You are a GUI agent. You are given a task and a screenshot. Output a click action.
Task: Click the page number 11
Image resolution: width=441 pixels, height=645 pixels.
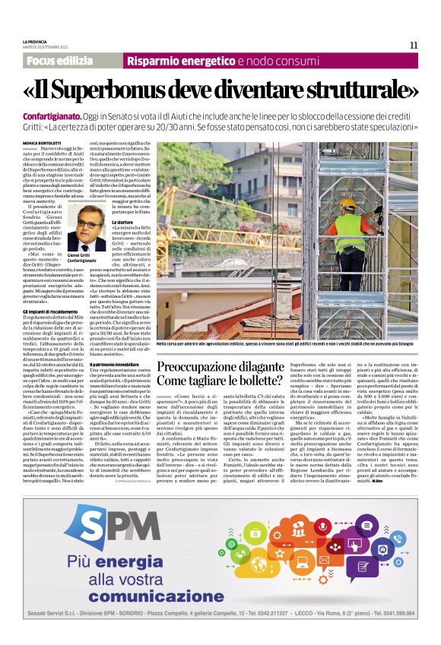(x=414, y=45)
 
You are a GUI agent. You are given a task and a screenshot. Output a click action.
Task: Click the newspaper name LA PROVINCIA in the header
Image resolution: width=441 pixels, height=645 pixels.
(x=36, y=42)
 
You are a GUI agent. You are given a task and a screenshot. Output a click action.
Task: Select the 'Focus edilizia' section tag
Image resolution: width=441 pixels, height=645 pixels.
(x=64, y=61)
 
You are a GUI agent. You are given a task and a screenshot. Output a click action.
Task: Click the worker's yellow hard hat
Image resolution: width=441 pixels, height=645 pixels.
(x=347, y=204)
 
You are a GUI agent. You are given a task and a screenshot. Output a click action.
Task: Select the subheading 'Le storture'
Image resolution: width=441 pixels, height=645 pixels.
(x=122, y=221)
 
